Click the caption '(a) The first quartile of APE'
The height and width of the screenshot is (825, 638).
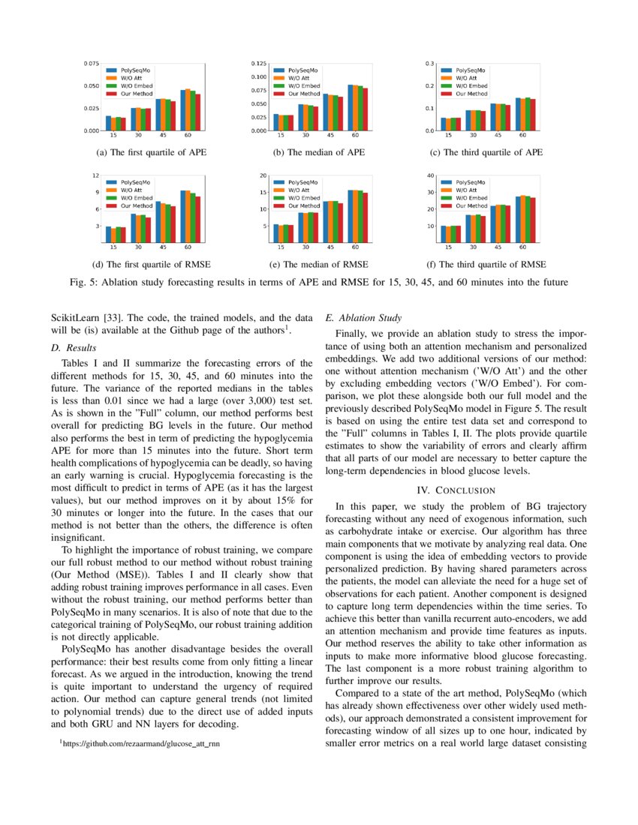click(x=152, y=152)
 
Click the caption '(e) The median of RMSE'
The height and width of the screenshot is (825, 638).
click(x=319, y=264)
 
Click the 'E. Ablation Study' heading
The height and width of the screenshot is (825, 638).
click(x=364, y=317)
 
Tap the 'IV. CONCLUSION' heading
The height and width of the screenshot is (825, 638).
click(x=456, y=490)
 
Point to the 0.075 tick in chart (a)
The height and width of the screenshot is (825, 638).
click(x=91, y=64)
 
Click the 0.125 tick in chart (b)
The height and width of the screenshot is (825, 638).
click(x=259, y=64)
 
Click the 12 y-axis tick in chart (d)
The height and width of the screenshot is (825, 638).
click(x=96, y=175)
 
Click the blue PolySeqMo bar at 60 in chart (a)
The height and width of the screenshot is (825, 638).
click(x=182, y=110)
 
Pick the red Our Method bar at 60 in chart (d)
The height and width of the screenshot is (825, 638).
click(x=197, y=220)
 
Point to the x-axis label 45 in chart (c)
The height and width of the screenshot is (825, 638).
click(x=498, y=136)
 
